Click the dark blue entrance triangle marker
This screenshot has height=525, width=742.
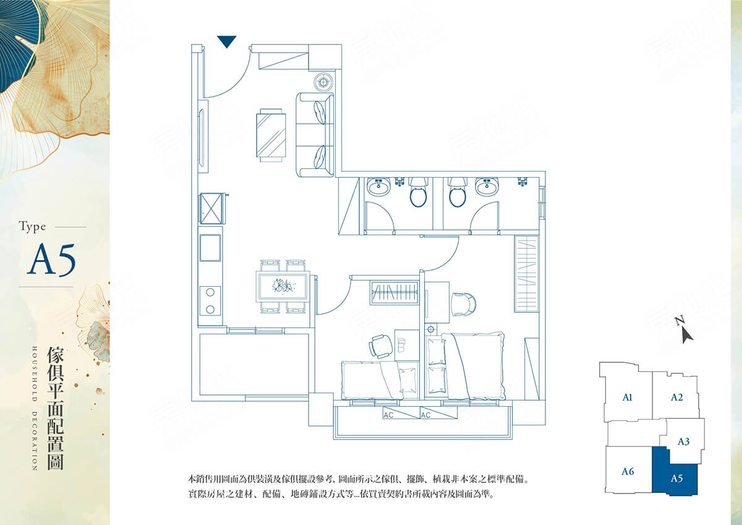click(228, 41)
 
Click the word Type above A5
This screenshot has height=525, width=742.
click(32, 227)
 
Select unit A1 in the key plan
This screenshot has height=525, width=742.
click(627, 397)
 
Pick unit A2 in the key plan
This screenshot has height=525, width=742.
click(676, 397)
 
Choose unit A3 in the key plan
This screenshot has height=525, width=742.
click(683, 441)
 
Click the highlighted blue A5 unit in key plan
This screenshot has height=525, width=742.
click(676, 477)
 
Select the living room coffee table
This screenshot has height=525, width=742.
click(272, 134)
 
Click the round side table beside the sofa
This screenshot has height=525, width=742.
click(324, 81)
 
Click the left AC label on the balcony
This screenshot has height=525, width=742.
click(388, 415)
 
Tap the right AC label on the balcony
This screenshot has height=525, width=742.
click(425, 415)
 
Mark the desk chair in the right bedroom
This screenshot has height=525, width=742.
click(463, 303)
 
